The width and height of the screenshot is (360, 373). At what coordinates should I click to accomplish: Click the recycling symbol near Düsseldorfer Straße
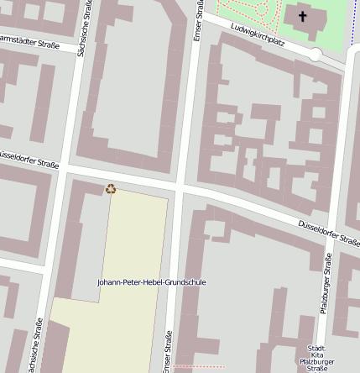pos(111,189)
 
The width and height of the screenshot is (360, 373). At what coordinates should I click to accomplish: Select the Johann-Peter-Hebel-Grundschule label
pos(152,282)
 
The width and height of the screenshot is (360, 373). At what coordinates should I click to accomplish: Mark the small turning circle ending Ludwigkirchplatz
pos(316,55)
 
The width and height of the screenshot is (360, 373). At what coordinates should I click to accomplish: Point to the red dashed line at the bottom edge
pos(200,367)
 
